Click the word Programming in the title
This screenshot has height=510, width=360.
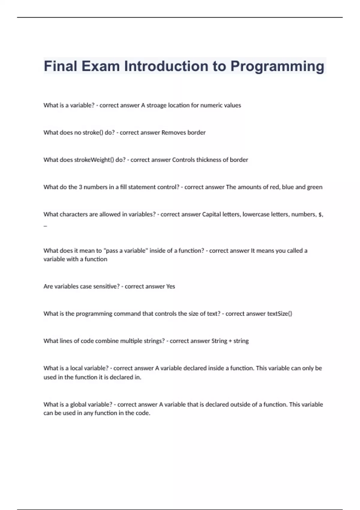277,67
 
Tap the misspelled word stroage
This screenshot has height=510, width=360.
156,105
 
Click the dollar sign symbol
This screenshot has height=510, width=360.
320,214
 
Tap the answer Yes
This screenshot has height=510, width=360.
170,286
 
